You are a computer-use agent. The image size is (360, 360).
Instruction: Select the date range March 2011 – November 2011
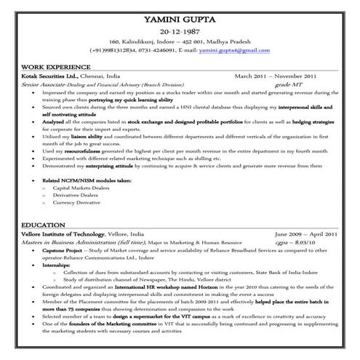pyautogui.click(x=275, y=75)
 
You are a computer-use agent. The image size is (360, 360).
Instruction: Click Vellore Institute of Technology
pyautogui.click(x=63, y=234)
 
